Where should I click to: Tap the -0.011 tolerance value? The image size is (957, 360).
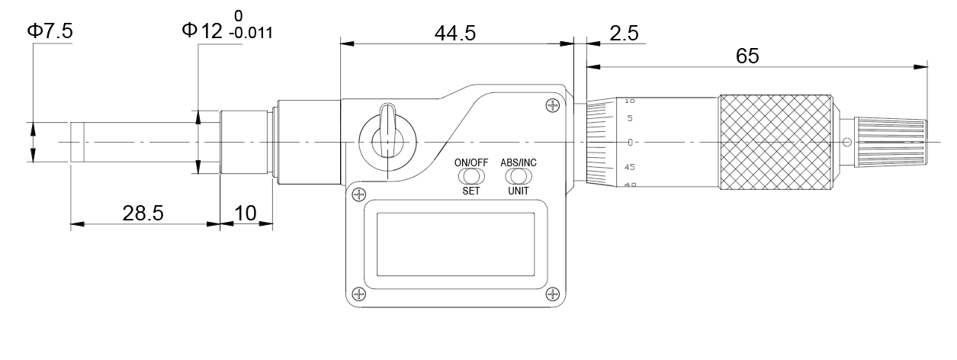[x=252, y=34]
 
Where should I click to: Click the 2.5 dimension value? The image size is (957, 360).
[x=624, y=34]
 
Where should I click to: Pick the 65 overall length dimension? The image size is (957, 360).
[x=747, y=56]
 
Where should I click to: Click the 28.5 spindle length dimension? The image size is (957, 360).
[x=143, y=213]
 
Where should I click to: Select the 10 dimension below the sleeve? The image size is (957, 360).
[x=246, y=213]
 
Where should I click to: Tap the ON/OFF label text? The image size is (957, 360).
[x=471, y=162]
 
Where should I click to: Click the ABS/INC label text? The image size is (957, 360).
[x=518, y=162]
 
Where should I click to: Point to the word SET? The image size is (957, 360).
[x=471, y=191]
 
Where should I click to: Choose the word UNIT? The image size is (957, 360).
[x=519, y=191]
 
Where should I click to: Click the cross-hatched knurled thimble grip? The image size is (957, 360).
[x=774, y=143]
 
